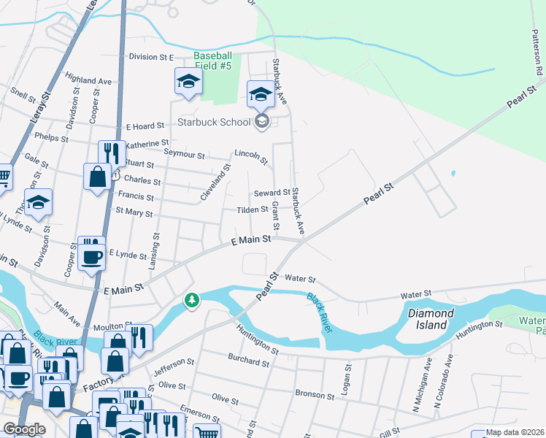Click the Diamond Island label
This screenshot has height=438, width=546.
click(431, 319)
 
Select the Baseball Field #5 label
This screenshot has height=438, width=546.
click(212, 61)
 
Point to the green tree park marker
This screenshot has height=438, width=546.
click(191, 300)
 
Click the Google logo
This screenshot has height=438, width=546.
click(24, 429)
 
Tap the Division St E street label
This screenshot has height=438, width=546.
click(152, 57)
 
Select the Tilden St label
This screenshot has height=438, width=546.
click(253, 210)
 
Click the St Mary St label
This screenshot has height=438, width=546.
click(129, 213)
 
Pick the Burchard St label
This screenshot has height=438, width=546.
click(248, 361)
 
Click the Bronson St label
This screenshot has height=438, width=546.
click(315, 394)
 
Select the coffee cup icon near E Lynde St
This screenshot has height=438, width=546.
click(92, 257)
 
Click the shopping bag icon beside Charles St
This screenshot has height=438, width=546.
click(97, 177)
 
